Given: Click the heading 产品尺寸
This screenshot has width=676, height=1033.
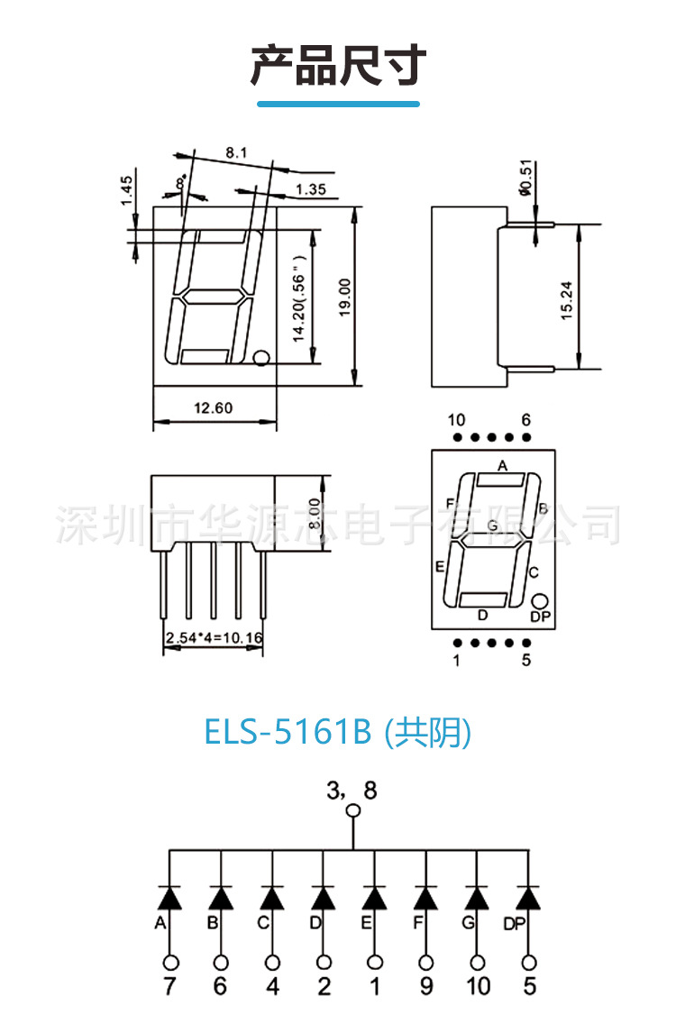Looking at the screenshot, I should pos(338,66).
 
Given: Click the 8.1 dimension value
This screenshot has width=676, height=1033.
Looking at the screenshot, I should pos(236,153).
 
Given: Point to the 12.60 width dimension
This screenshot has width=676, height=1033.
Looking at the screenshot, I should pos(214,408).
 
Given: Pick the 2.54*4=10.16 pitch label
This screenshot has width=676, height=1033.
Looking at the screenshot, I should pos(215,639).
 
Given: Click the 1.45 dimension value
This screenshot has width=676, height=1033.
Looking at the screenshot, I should pos(127,190).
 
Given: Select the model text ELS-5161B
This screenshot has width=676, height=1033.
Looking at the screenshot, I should pos(288,733).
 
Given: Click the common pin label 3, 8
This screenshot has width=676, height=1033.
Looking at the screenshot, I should pos(352,791).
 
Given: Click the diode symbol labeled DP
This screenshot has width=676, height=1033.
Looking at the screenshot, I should pos(528,898).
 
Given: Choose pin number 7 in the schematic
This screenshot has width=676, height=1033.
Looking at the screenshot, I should pos(169,986).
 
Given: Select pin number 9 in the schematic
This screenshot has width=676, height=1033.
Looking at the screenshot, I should pos(426,986).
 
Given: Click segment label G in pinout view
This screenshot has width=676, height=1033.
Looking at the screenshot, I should pos(492,526).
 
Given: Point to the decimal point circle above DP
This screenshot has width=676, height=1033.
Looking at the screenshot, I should pos(540,601).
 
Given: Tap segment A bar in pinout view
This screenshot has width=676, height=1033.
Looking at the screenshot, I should pos(500,480).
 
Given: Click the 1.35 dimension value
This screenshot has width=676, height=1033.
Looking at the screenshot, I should pos(310,189).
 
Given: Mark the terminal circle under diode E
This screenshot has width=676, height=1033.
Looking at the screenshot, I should pos(375,962).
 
